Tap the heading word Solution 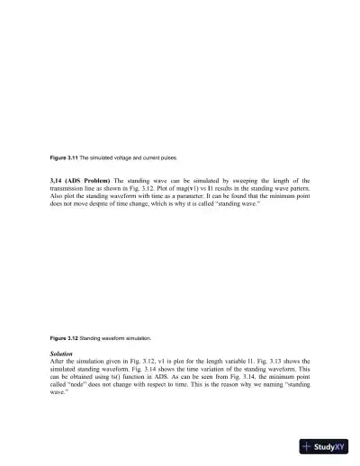tap(62, 354)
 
